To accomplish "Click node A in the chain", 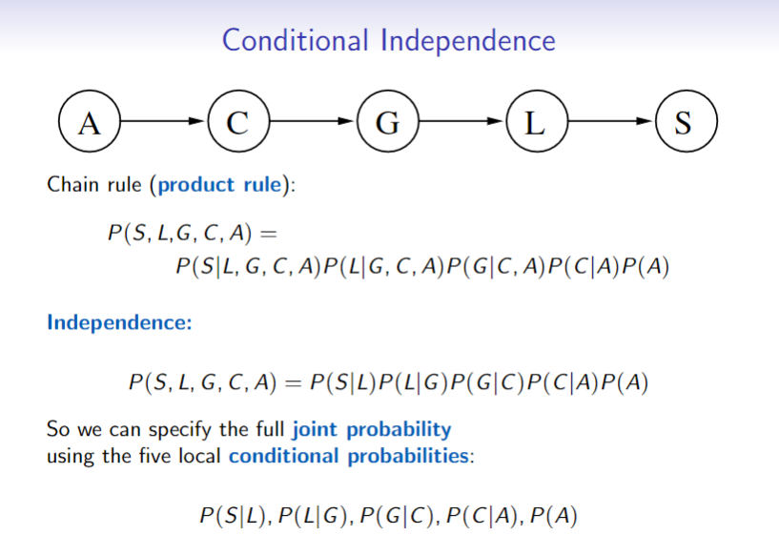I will coord(90,123).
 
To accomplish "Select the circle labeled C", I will coord(238,123).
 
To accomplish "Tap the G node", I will coord(387,123).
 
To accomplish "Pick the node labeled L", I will coord(536,123).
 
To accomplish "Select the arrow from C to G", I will coord(313,123).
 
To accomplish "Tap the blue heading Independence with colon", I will coord(119,321).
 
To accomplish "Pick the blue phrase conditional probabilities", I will coord(350,455).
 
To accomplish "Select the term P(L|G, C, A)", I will coord(379,266).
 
